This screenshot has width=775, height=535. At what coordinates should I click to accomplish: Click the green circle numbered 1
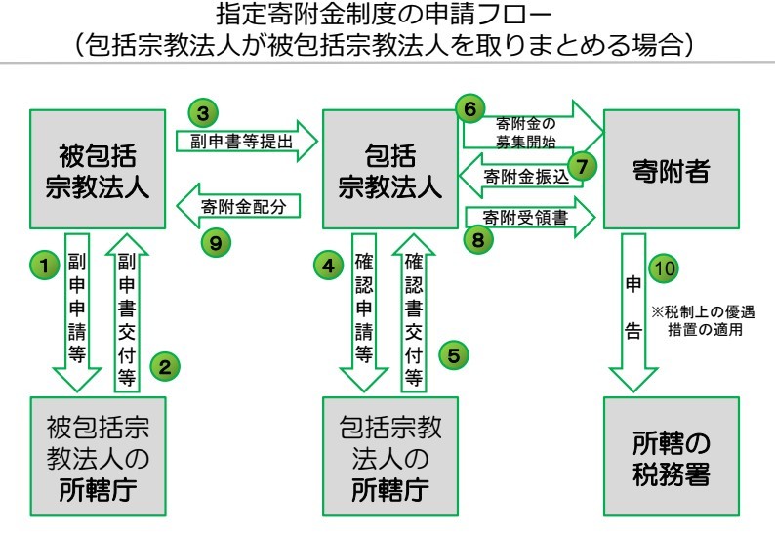tap(42, 264)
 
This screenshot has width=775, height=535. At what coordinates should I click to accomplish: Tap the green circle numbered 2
tap(165, 368)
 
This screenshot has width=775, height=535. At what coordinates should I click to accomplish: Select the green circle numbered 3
tap(202, 113)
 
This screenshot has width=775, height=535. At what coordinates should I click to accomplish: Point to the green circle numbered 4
tap(328, 264)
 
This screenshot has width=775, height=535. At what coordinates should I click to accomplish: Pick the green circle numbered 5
tap(452, 354)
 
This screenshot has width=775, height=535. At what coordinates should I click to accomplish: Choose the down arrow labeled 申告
tap(632, 312)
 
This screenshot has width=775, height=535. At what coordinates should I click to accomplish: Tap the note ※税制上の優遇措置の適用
tap(703, 321)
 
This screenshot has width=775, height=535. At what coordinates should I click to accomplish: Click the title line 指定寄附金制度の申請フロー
tap(387, 17)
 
